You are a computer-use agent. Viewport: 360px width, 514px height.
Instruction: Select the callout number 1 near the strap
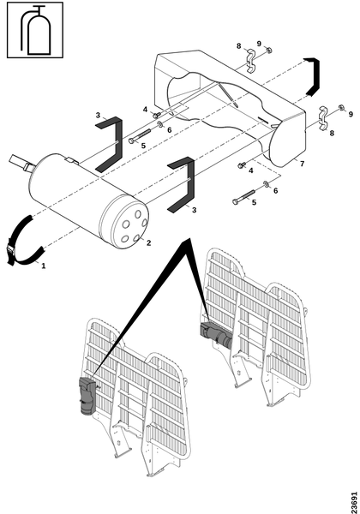point(43,266)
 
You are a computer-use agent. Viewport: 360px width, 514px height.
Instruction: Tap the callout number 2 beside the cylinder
point(148,243)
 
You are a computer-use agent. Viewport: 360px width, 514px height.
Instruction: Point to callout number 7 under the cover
point(302,164)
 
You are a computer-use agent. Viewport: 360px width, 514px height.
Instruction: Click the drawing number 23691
point(354,502)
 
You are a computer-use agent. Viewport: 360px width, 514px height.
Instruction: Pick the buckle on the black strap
point(10,254)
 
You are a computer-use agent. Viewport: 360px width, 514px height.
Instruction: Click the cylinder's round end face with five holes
point(129,224)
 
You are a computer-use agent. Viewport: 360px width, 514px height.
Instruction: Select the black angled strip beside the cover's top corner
point(313,76)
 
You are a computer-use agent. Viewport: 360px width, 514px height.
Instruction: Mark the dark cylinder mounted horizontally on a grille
point(216,334)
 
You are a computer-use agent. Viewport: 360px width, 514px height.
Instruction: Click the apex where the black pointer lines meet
point(189,238)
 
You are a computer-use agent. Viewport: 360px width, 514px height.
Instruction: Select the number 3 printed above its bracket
point(98,115)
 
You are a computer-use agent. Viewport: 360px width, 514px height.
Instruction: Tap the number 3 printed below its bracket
point(194,210)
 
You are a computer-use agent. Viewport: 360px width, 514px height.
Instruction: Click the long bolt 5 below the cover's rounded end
point(243,197)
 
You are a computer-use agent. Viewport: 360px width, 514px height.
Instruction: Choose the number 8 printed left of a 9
point(238,46)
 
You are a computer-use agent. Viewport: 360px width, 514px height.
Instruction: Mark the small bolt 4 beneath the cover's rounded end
point(242,165)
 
